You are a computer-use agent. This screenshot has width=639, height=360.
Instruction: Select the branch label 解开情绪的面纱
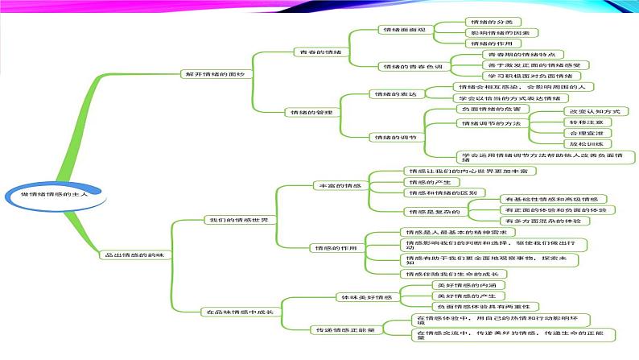[208, 73]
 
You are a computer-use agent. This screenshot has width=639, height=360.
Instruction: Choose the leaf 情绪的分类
[489, 21]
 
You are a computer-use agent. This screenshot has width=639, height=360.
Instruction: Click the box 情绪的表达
[394, 94]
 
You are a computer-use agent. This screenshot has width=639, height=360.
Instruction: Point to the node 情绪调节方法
[489, 123]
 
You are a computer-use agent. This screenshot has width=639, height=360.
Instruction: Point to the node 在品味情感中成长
[240, 311]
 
